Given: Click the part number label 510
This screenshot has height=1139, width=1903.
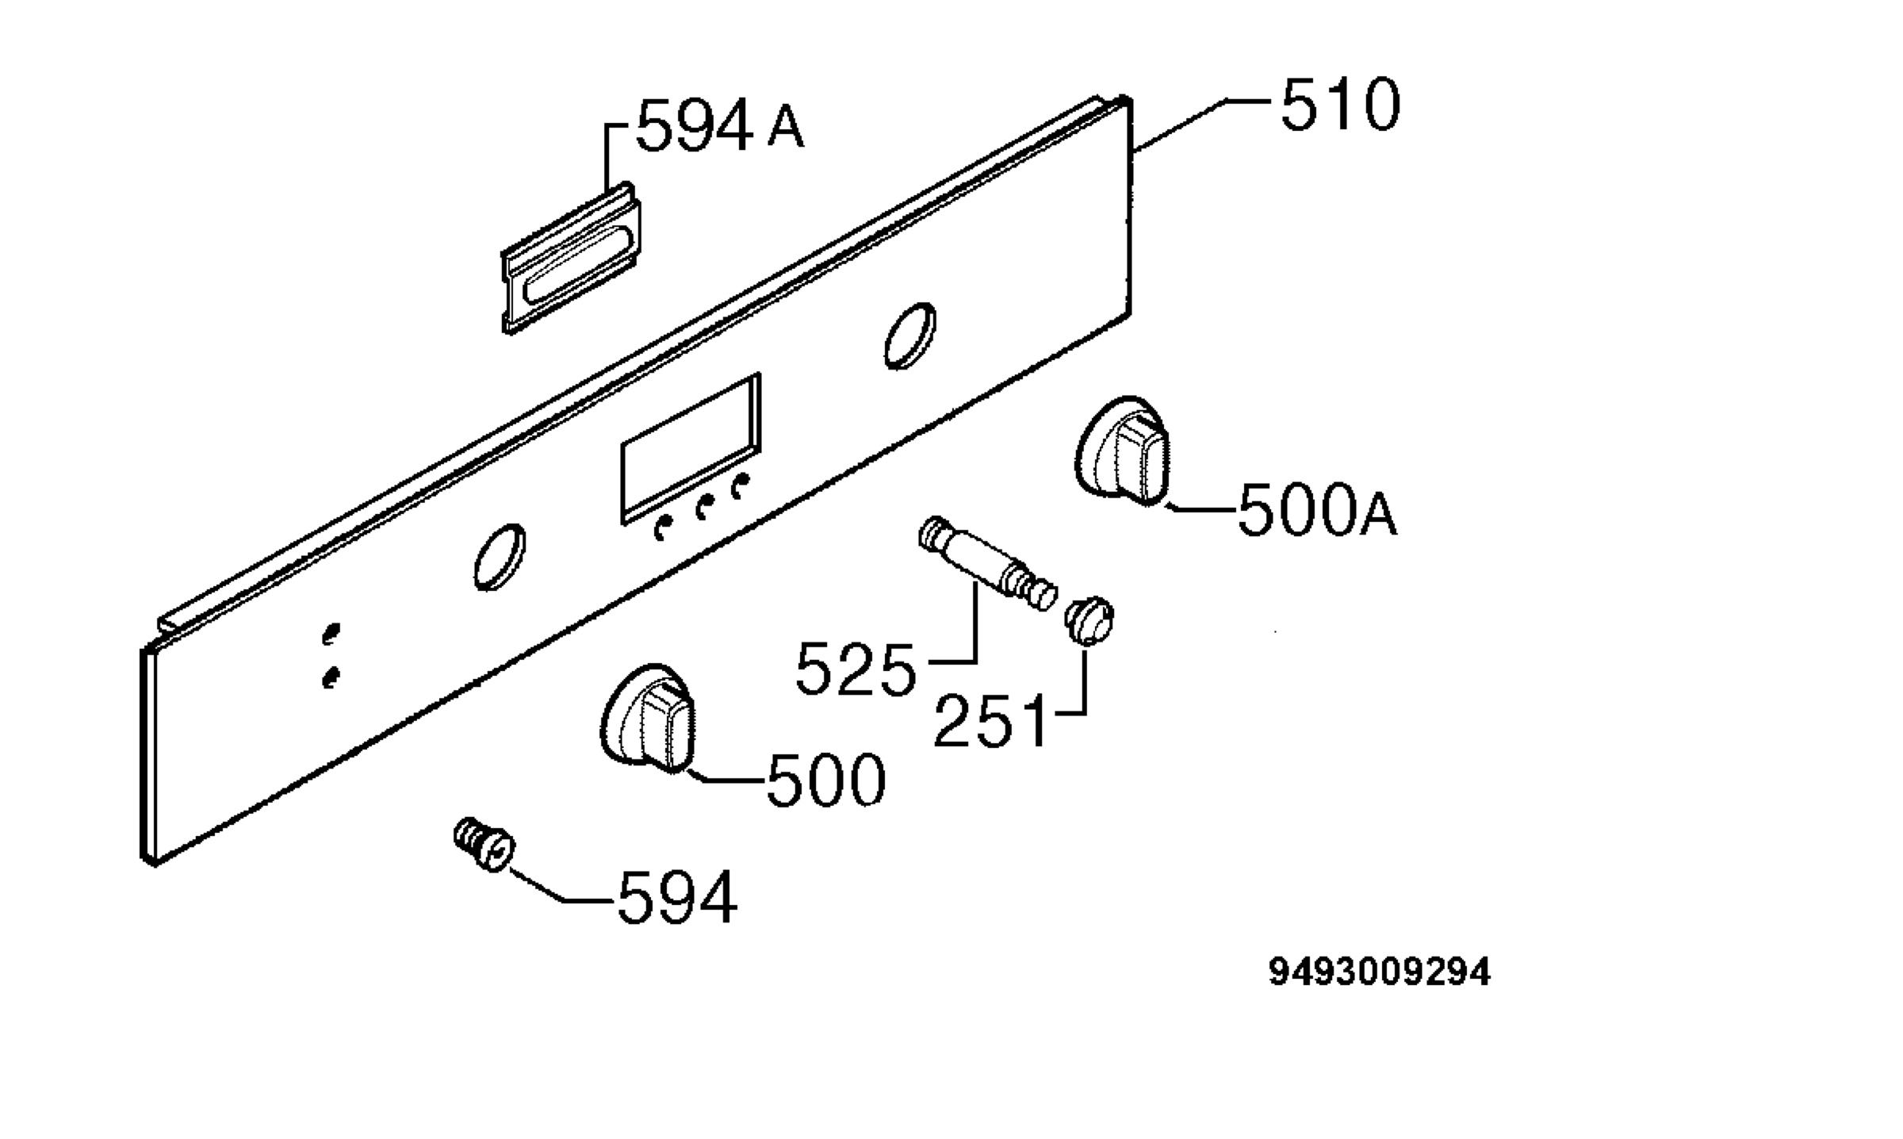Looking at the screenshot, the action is (x=1340, y=104).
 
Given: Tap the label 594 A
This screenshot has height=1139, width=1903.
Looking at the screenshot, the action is (x=720, y=125).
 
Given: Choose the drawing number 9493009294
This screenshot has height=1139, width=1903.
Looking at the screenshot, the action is (x=1380, y=972).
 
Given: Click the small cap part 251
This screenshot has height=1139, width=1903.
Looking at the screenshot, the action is (x=1090, y=620).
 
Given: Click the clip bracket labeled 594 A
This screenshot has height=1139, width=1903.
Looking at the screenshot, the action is (x=571, y=258).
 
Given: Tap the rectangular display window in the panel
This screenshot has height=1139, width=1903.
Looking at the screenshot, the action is (x=691, y=448).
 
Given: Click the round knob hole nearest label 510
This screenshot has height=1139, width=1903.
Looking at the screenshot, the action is (x=909, y=336).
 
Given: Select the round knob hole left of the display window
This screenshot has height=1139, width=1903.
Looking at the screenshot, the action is (x=500, y=557).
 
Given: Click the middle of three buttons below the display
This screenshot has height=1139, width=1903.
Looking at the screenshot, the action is (x=701, y=508).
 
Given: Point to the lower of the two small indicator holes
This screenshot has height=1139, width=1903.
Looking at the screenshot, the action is (x=331, y=677).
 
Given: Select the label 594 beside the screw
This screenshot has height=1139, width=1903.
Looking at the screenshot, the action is (x=677, y=898).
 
